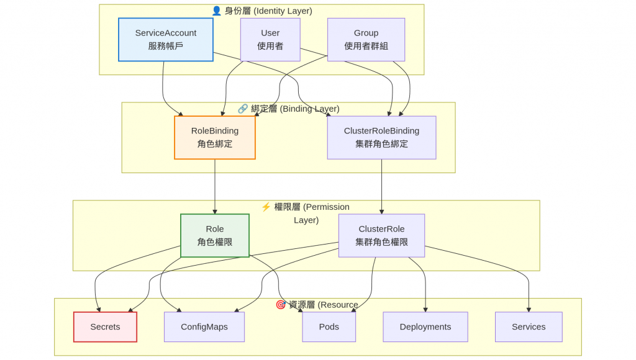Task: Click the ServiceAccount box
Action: tap(166, 40)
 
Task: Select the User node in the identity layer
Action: tap(270, 40)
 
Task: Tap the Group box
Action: tap(366, 40)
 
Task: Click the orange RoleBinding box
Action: tap(215, 138)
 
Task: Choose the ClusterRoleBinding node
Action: tap(381, 138)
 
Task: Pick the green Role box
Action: tap(215, 235)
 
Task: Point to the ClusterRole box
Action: tap(381, 235)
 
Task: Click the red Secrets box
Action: tap(105, 327)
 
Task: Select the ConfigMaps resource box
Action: tap(204, 327)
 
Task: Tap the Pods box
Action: tap(329, 327)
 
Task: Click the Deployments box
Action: tap(425, 327)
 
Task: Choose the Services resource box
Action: tap(529, 327)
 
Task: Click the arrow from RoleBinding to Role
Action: tap(215, 186)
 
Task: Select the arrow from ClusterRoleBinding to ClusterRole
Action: tap(381, 186)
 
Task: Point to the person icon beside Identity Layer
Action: tap(216, 11)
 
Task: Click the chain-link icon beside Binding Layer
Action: tap(243, 109)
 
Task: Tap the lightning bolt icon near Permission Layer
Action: tap(266, 207)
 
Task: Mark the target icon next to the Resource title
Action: tap(281, 305)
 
